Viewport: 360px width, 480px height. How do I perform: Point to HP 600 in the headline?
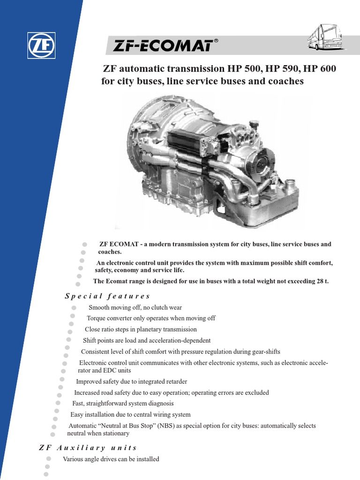coord(320,69)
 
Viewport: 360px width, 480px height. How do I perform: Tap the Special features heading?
coord(107,296)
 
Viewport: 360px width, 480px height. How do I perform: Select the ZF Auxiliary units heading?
coord(88,448)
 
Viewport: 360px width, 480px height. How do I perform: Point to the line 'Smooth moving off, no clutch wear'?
coord(135,307)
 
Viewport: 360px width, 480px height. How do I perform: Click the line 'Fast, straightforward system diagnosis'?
coord(123,404)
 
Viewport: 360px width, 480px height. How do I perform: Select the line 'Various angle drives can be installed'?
coord(111,459)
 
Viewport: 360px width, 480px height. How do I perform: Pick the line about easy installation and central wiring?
coord(130,415)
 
